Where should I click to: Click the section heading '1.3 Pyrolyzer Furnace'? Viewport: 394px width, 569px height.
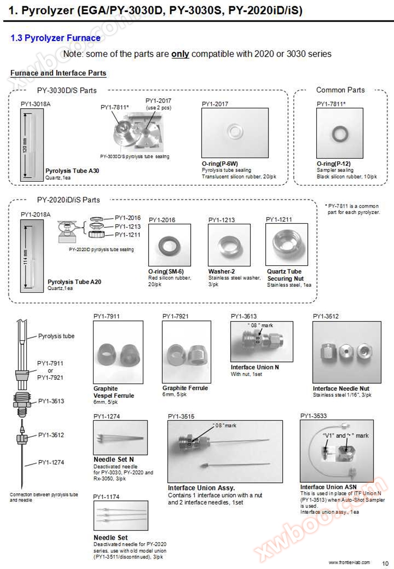[x=55, y=38]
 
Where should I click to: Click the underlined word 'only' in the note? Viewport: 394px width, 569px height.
[x=180, y=54]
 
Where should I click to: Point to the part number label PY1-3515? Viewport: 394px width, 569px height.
[x=181, y=417]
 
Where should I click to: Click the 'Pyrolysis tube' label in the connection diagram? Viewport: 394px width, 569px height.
[x=56, y=336]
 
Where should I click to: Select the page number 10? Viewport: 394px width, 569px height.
[x=386, y=562]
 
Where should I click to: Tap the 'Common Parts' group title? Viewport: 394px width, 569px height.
[x=340, y=90]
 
